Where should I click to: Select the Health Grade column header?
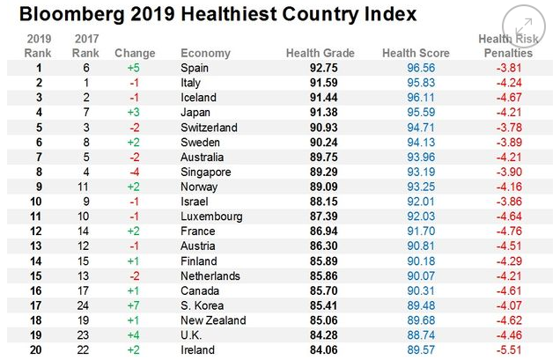coord(320,53)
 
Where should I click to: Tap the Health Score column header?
coord(416,53)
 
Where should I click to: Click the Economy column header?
coord(205,53)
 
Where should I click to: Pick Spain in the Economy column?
coord(195,68)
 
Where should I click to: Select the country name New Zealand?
coord(212,320)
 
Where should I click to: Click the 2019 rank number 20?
coord(38,350)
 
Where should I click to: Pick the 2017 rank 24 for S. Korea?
coord(86,305)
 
